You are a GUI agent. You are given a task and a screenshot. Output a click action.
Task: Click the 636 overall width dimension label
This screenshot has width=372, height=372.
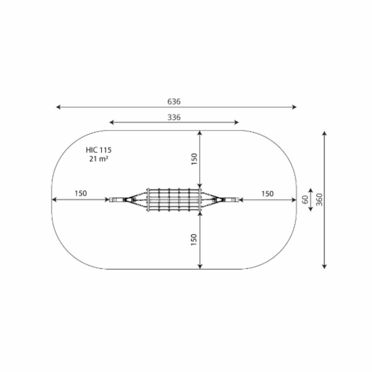pyautogui.click(x=174, y=102)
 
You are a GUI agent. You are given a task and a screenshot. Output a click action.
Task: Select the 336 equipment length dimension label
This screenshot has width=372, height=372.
pyautogui.click(x=174, y=117)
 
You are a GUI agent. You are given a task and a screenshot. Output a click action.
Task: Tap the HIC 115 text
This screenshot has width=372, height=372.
pyautogui.click(x=98, y=150)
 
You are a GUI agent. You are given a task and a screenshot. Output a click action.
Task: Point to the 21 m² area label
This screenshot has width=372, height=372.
pyautogui.click(x=99, y=159)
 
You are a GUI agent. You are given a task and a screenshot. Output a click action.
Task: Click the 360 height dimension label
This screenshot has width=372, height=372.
pyautogui.click(x=320, y=200)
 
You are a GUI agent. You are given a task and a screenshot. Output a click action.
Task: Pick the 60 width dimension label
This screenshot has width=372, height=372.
pyautogui.click(x=305, y=200)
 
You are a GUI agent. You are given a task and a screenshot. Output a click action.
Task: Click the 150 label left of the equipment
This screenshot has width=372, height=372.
pyautogui.click(x=81, y=193)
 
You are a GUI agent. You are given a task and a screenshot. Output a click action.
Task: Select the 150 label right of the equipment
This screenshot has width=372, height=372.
pyautogui.click(x=267, y=194)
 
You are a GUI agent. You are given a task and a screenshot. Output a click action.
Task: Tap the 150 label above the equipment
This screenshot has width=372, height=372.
pyautogui.click(x=194, y=159)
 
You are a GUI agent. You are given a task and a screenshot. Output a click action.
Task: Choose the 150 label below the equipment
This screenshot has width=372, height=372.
pyautogui.click(x=194, y=240)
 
